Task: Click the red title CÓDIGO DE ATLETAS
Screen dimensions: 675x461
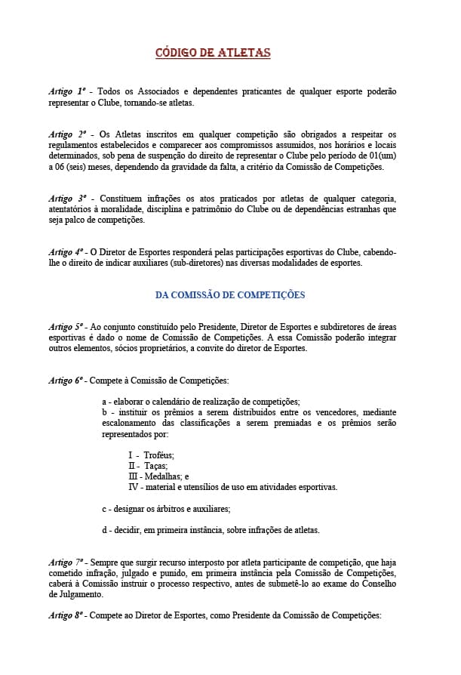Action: pyautogui.click(x=213, y=53)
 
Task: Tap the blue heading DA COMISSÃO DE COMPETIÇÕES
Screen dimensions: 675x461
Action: pyautogui.click(x=230, y=295)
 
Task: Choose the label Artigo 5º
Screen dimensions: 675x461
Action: pyautogui.click(x=66, y=327)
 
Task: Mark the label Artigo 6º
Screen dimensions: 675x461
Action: pyautogui.click(x=66, y=381)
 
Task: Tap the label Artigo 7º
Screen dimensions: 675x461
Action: pyautogui.click(x=66, y=562)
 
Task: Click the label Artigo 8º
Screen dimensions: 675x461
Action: pyautogui.click(x=66, y=616)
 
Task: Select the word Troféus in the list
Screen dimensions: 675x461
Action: pyautogui.click(x=158, y=455)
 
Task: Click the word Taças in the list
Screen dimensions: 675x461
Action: pyautogui.click(x=156, y=466)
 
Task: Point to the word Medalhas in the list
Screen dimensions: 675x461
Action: pyautogui.click(x=163, y=476)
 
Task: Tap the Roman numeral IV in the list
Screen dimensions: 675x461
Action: pyautogui.click(x=134, y=487)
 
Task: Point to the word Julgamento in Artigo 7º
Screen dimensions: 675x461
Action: pyautogui.click(x=69, y=594)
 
